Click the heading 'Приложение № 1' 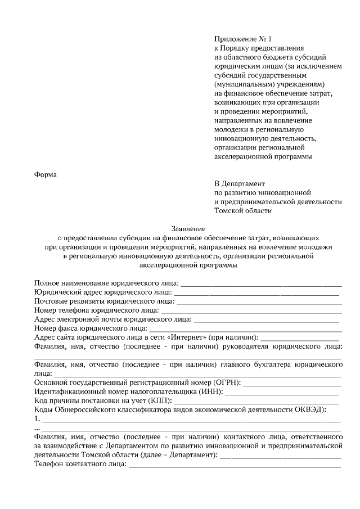(x=242, y=39)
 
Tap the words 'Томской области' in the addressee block (x=243, y=211)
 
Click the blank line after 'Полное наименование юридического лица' (x=261, y=283)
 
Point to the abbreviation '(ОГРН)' (x=227, y=382)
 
